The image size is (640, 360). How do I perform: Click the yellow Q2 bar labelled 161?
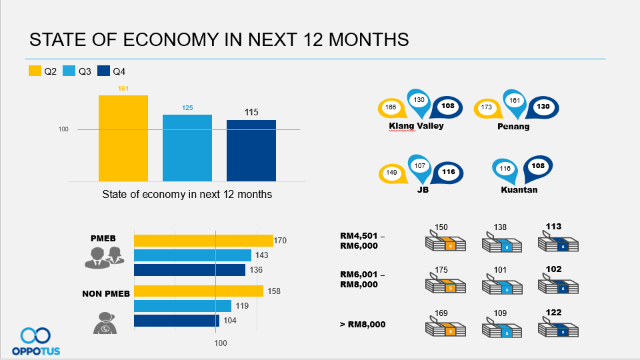tap(123, 139)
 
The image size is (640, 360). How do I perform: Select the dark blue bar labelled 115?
tap(251, 151)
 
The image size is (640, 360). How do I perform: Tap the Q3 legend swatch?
tap(69, 71)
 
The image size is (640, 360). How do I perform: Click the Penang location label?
tap(513, 127)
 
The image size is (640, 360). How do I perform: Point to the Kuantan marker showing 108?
tap(537, 168)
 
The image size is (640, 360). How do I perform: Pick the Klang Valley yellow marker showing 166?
tap(392, 108)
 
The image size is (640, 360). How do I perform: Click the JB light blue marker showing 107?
tap(419, 167)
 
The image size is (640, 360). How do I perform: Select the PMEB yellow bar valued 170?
tap(204, 241)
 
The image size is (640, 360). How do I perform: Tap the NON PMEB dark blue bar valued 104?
tap(177, 321)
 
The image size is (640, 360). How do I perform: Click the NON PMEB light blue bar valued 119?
tap(183, 306)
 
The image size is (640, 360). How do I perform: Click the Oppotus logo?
tap(36, 341)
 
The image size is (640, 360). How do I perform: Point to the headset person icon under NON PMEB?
tap(105, 323)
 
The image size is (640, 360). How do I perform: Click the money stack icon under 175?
tap(445, 284)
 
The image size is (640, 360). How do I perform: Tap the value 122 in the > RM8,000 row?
tap(553, 312)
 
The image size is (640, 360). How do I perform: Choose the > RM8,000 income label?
tap(363, 325)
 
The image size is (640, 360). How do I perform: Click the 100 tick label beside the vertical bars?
tap(63, 129)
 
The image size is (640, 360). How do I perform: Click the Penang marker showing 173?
tap(488, 108)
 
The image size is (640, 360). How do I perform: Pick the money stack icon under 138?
tap(501, 243)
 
